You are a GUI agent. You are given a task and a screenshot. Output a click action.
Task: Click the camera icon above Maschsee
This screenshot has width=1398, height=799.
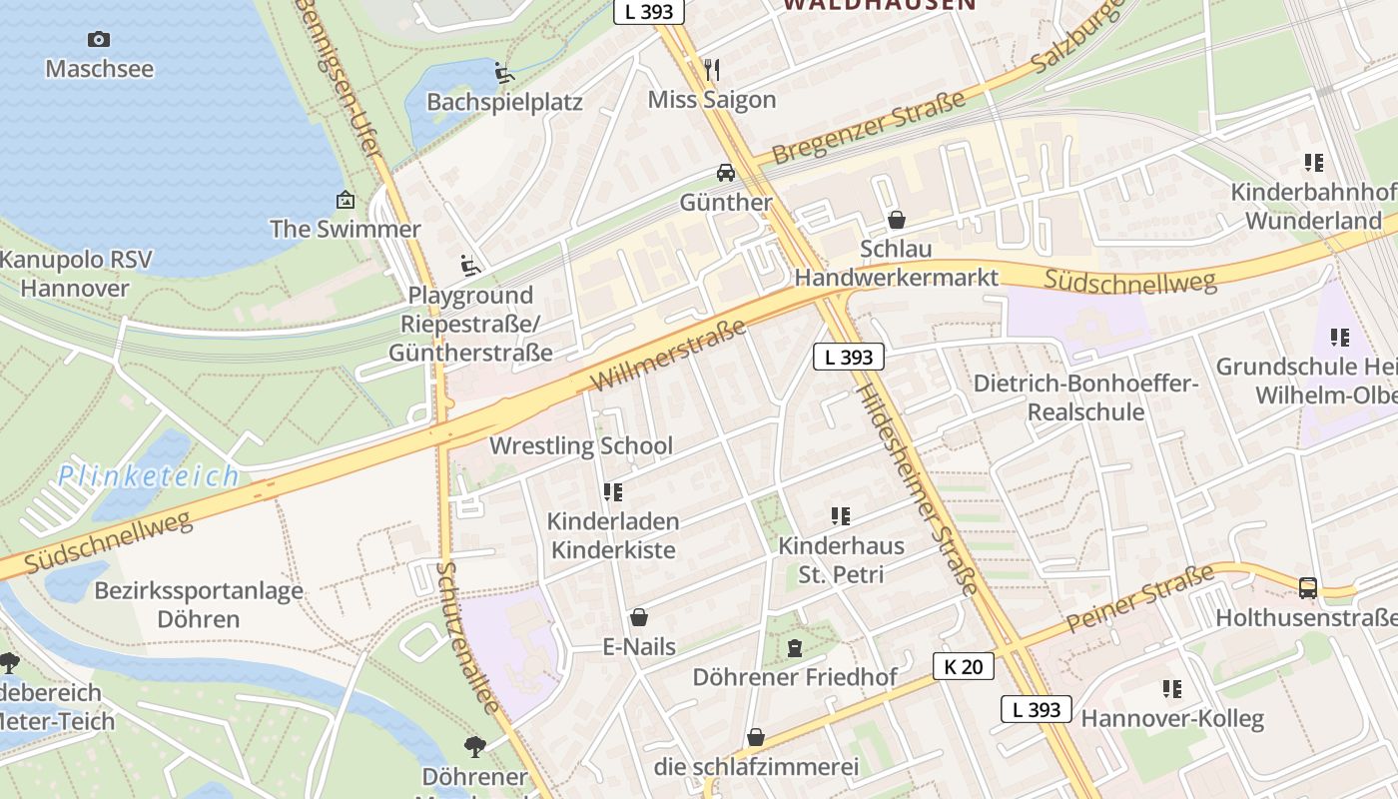[99, 39]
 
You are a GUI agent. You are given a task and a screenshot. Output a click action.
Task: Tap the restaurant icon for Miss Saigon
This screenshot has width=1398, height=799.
[711, 69]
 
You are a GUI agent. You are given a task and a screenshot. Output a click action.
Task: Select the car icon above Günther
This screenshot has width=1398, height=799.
[726, 172]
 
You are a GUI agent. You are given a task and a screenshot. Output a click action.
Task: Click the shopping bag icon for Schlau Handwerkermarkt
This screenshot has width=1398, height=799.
[897, 219]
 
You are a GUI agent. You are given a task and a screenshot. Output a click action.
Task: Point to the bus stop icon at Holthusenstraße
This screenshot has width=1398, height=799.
[1308, 587]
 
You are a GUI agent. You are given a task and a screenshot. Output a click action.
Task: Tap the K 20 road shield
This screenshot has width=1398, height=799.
[964, 666]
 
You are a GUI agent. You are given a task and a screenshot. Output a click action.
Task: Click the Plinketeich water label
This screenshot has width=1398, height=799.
[148, 475]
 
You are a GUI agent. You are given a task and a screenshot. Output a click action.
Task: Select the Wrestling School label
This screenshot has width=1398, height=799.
[581, 445]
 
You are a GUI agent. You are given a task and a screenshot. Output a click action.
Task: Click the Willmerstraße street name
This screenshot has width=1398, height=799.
[668, 356]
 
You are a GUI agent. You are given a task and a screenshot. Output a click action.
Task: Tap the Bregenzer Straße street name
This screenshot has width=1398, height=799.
[869, 127]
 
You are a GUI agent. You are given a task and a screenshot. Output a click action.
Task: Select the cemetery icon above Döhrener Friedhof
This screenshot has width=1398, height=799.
[795, 648]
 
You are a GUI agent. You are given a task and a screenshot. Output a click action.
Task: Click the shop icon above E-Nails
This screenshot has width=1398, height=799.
[639, 617]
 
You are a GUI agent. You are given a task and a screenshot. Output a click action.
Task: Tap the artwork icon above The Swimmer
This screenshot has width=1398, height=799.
[346, 200]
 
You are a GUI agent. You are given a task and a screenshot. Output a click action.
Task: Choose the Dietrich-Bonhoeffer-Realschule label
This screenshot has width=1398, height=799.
[1085, 398]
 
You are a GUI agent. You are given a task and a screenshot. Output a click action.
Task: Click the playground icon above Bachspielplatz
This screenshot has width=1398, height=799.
[504, 73]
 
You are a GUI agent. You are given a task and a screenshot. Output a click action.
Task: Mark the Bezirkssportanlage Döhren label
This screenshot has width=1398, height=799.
[199, 604]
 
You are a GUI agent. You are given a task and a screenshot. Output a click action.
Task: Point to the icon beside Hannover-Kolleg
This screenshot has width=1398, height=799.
[1172, 688]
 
